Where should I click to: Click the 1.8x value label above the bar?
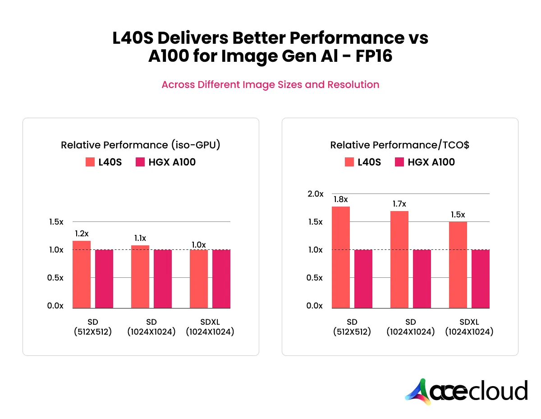(x=340, y=199)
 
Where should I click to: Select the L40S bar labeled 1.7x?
(x=399, y=259)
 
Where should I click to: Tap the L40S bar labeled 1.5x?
(x=458, y=265)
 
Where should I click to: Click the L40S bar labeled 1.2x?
(x=82, y=274)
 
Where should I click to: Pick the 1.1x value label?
(x=140, y=238)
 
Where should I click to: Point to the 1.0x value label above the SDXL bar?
(x=198, y=245)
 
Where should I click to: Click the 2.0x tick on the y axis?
(x=316, y=194)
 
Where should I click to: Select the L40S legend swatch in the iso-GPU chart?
(x=90, y=162)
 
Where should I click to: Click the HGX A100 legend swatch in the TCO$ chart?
(x=399, y=162)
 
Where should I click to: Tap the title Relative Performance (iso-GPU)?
(x=140, y=145)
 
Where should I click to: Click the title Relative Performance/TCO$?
(x=399, y=145)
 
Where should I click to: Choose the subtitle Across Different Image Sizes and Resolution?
(x=270, y=84)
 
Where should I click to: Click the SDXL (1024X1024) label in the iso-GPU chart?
(x=210, y=327)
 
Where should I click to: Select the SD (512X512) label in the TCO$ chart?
(x=352, y=327)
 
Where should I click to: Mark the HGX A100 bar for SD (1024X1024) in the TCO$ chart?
(x=422, y=279)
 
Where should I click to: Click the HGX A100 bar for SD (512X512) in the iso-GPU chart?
(x=104, y=279)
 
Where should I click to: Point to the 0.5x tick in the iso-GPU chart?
(x=56, y=278)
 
